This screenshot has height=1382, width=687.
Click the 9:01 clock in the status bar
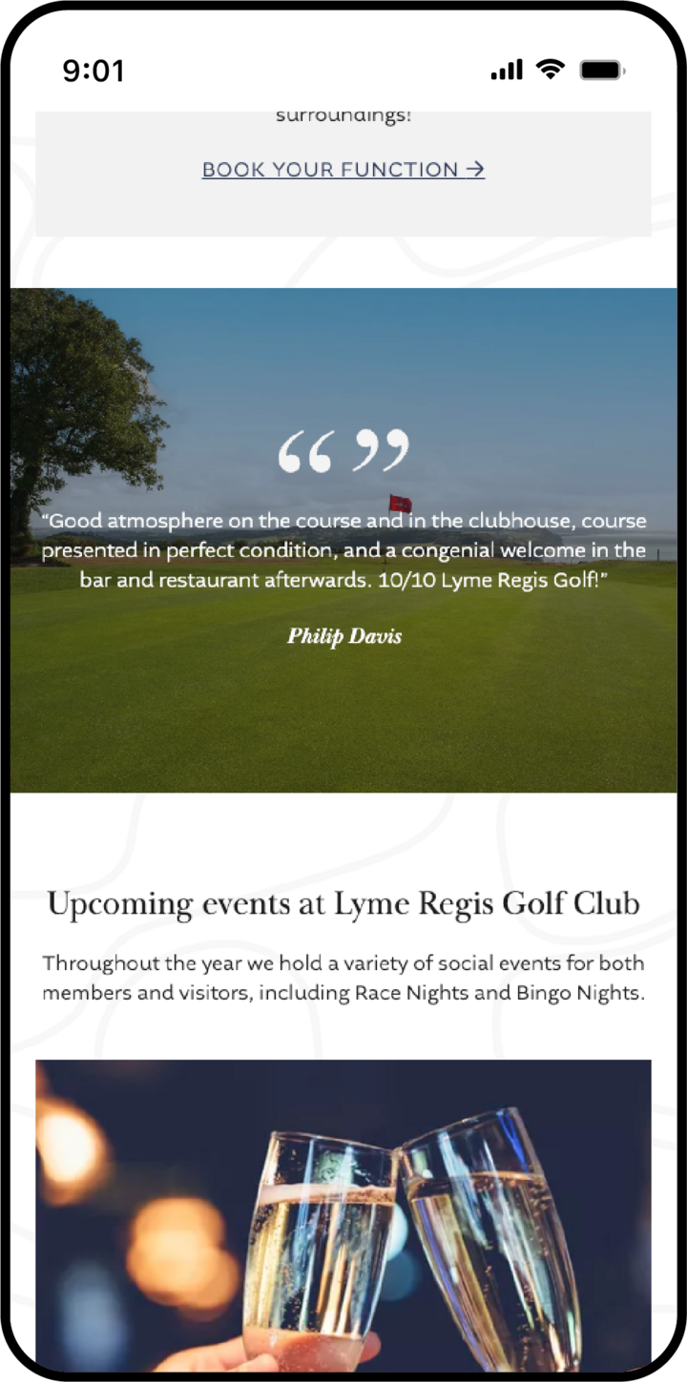pyautogui.click(x=94, y=71)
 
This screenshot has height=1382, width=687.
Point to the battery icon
pyautogui.click(x=602, y=70)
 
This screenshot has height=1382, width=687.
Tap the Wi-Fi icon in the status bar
pyautogui.click(x=550, y=69)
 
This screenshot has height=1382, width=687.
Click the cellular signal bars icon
pyautogui.click(x=507, y=70)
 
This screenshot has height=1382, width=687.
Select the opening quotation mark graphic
pyautogui.click(x=305, y=451)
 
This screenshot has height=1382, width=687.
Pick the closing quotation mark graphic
pyautogui.click(x=382, y=450)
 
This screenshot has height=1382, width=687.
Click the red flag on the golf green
pyautogui.click(x=401, y=503)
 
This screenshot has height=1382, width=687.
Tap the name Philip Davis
pyautogui.click(x=344, y=636)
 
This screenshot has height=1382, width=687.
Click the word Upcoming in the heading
pyautogui.click(x=120, y=903)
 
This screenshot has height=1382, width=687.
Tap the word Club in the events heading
pyautogui.click(x=607, y=903)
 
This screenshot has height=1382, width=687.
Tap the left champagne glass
pyautogui.click(x=320, y=1240)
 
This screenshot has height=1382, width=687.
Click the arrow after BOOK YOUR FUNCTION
pyautogui.click(x=475, y=170)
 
